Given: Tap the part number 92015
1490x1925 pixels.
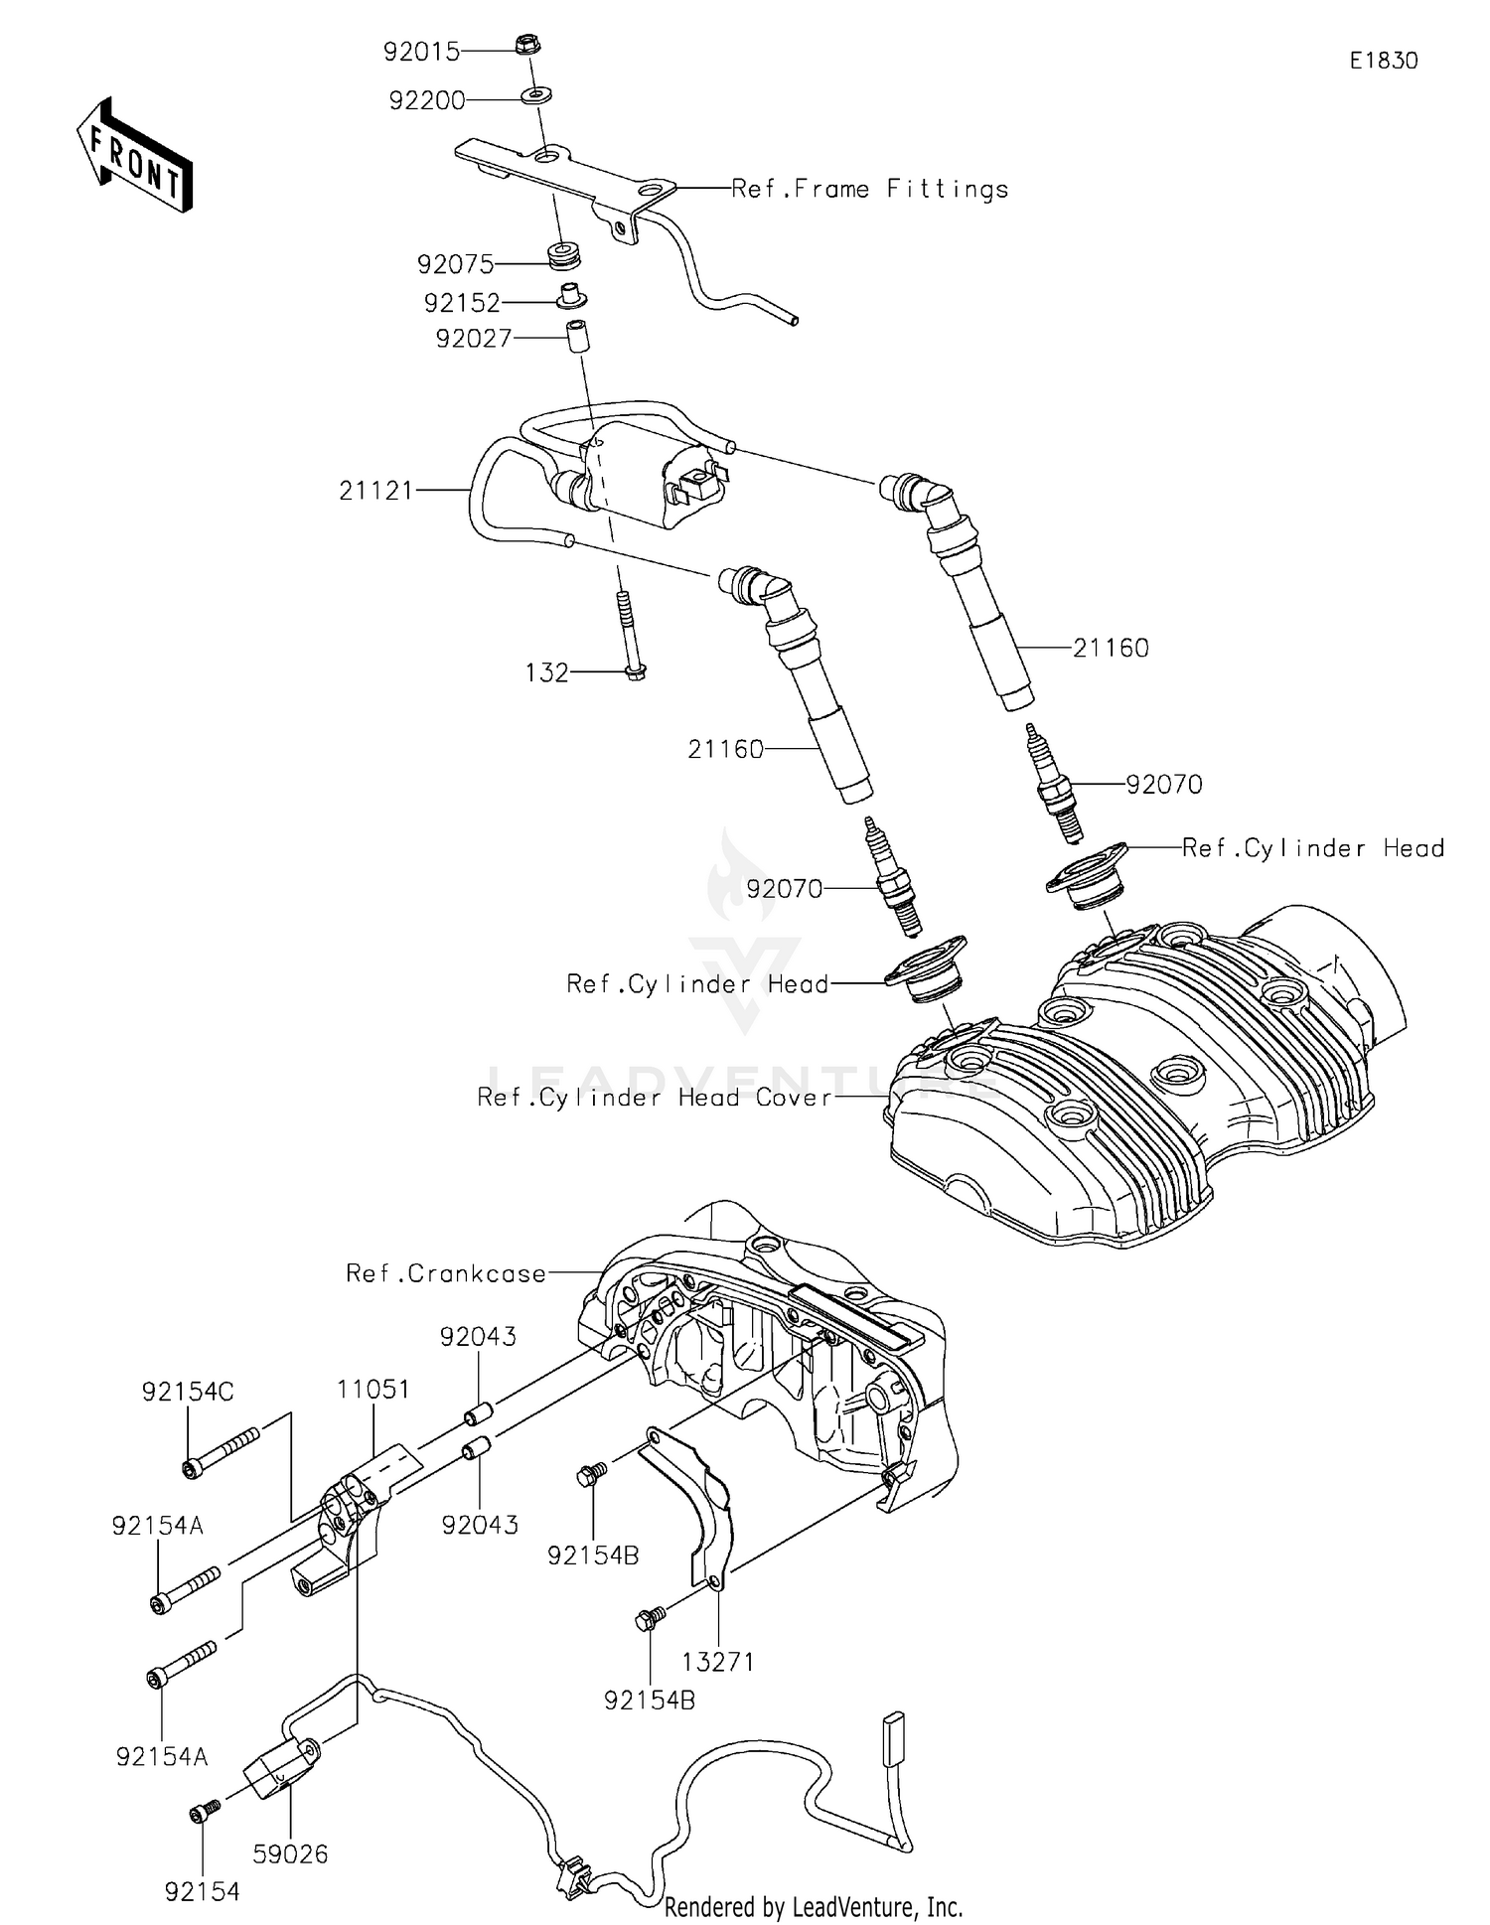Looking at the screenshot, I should (x=422, y=52).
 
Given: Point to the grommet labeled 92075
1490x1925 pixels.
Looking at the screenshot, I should (x=565, y=255).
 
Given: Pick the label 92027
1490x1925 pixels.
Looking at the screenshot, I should (x=473, y=340).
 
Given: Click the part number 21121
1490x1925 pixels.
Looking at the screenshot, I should (x=375, y=491).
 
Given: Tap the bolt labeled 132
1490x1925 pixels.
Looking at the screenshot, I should (x=628, y=636).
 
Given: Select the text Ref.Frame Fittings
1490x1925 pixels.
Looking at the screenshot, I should (x=869, y=189).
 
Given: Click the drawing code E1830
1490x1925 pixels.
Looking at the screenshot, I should (x=1383, y=61).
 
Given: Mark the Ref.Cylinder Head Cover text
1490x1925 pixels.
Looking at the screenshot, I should (x=654, y=1098).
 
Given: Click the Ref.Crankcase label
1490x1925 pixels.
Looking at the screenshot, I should (x=446, y=1273).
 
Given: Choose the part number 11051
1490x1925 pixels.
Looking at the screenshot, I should (x=372, y=1389).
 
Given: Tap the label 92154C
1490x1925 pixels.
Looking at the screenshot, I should (x=188, y=1393).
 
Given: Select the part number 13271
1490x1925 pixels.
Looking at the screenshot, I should (x=717, y=1661).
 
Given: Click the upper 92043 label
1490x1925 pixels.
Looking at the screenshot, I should (x=478, y=1337).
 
